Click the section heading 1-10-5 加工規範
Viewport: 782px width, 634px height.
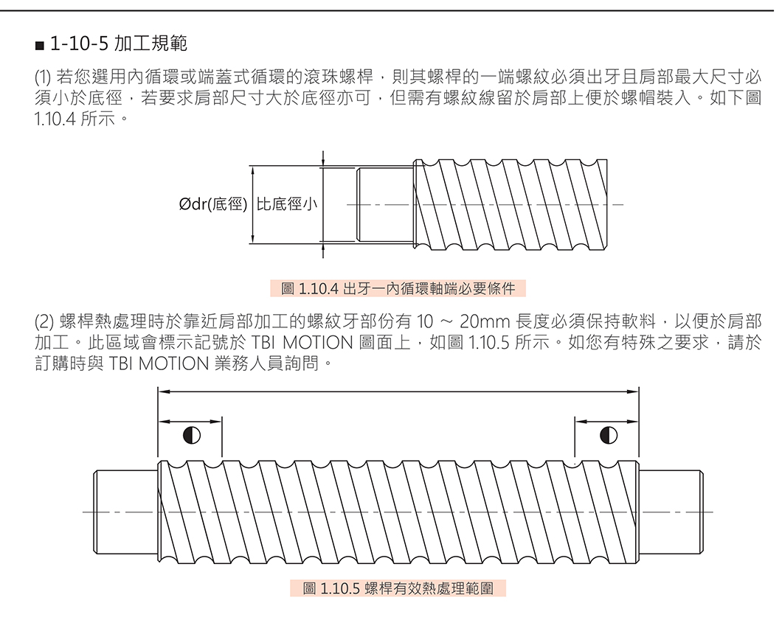pos(118,43)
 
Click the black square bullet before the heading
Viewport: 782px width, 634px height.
pos(40,45)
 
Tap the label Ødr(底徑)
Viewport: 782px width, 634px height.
pos(212,204)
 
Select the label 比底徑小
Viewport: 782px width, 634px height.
pos(287,204)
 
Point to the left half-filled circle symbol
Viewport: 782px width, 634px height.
pos(191,434)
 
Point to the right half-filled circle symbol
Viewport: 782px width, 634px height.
pos(609,434)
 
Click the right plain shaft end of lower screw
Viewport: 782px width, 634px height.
pos(669,512)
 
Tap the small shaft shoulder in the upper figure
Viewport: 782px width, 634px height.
pos(385,204)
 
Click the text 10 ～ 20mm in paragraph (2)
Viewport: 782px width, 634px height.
pos(462,322)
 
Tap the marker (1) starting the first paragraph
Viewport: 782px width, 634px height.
pos(44,77)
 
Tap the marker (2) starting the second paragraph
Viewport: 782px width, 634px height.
pos(44,322)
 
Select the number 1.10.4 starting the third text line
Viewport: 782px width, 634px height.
pos(55,117)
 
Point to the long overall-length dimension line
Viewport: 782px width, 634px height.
pos(398,391)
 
